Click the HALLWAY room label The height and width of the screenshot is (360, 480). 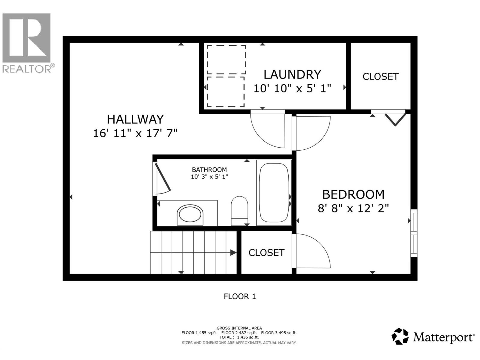tap(135, 119)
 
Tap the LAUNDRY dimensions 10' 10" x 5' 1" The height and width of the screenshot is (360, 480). tap(292, 88)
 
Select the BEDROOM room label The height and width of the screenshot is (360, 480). tap(353, 194)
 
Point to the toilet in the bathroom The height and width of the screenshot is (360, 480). tap(239, 210)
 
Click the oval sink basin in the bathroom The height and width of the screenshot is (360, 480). tap(190, 214)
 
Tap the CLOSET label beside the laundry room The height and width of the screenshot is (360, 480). tap(380, 76)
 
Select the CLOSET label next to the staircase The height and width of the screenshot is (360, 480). tap(266, 253)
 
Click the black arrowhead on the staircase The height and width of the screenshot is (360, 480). tap(233, 253)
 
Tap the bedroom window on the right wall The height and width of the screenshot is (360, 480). tap(414, 233)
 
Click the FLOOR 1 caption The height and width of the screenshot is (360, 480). tap(240, 296)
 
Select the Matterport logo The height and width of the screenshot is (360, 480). tap(433, 337)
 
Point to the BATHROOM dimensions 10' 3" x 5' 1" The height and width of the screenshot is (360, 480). tap(209, 177)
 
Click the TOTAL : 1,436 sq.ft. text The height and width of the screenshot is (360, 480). tap(239, 337)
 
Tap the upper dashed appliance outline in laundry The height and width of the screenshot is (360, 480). tap(226, 59)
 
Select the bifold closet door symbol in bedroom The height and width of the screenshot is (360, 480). tap(395, 119)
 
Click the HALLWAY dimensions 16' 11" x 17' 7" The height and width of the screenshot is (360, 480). tap(135, 133)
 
